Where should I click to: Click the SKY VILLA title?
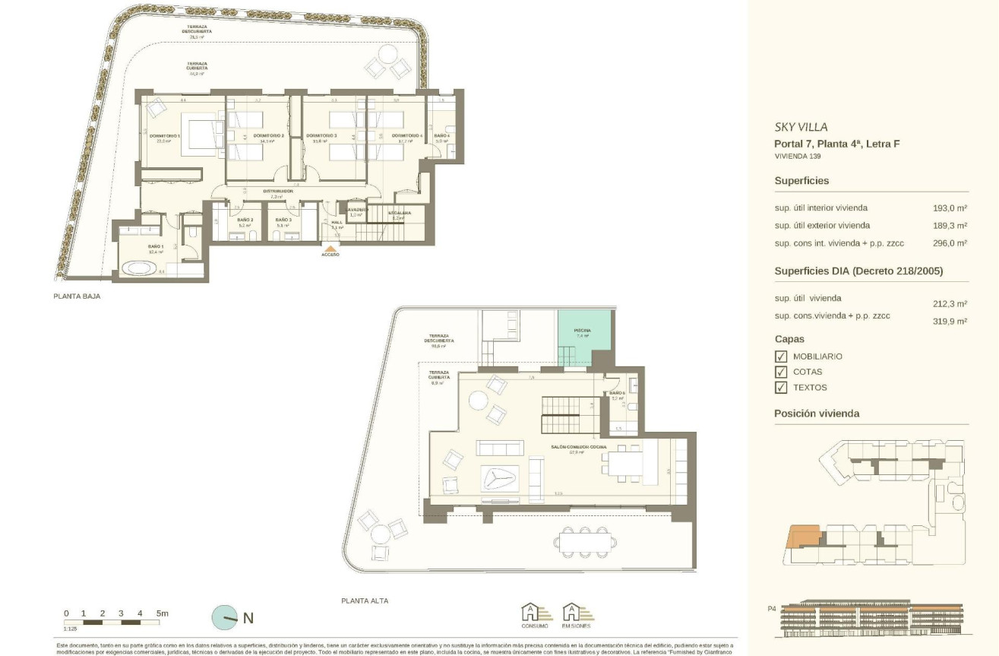(x=801, y=128)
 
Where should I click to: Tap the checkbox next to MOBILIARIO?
(x=780, y=357)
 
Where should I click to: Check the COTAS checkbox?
(x=780, y=372)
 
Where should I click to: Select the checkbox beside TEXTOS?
(x=780, y=388)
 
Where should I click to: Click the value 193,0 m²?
(x=950, y=208)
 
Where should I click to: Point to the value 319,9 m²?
(x=950, y=322)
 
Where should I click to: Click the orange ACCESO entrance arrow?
(x=330, y=248)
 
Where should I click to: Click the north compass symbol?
(x=225, y=618)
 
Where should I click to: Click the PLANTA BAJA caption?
(x=77, y=296)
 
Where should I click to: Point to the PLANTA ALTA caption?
(x=365, y=601)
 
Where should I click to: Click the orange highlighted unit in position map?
(x=804, y=537)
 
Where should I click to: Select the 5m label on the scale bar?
(x=162, y=613)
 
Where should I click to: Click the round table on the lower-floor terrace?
(x=387, y=55)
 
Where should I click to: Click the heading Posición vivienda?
(x=817, y=414)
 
